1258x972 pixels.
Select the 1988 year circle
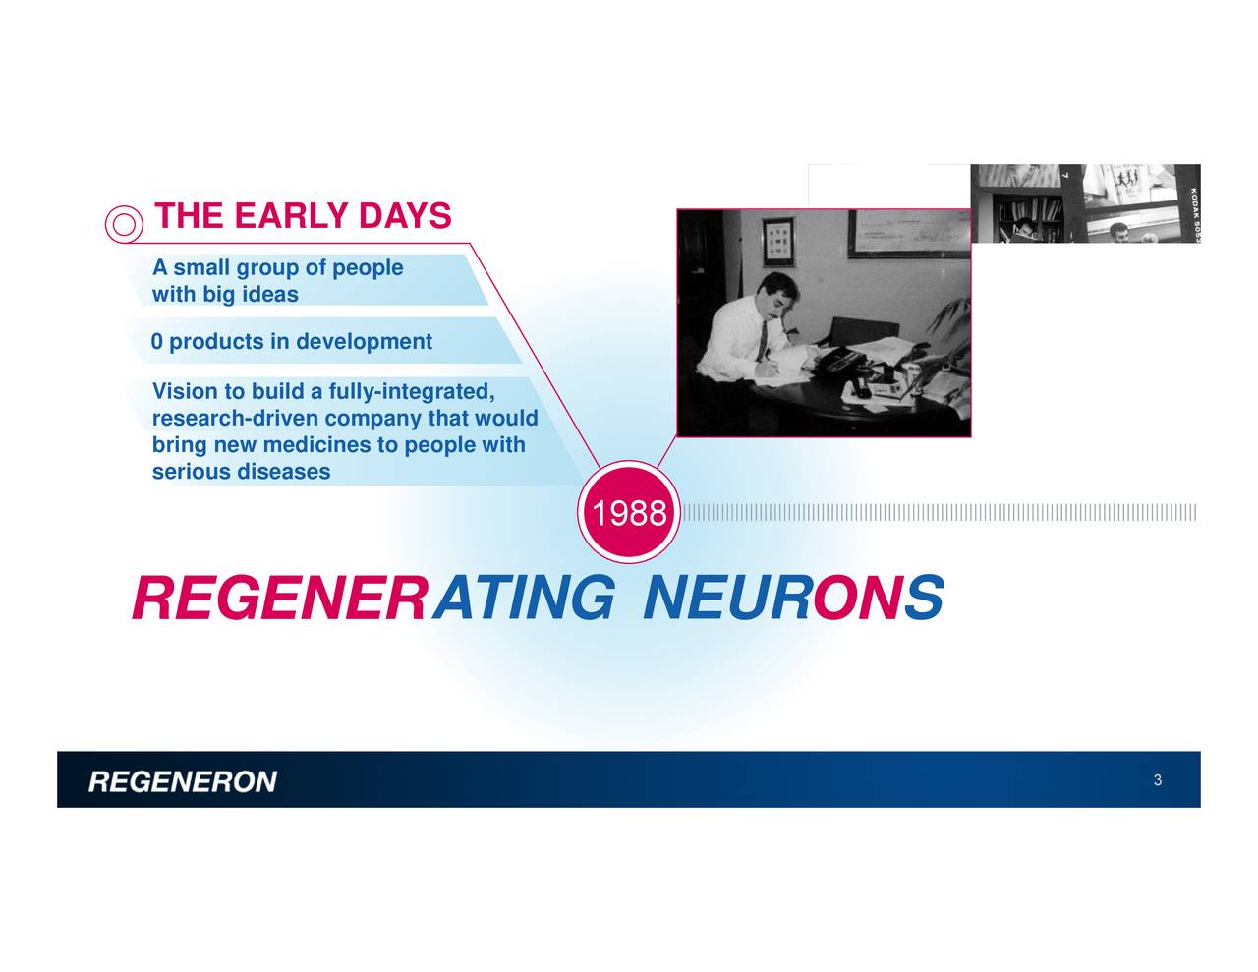click(628, 513)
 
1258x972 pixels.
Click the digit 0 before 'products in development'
click(156, 342)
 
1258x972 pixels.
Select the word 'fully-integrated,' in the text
click(411, 392)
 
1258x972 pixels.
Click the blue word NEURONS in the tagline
click(792, 599)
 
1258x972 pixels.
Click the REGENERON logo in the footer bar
click(183, 782)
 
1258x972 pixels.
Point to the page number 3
click(1158, 780)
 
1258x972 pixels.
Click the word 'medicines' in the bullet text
click(316, 445)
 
